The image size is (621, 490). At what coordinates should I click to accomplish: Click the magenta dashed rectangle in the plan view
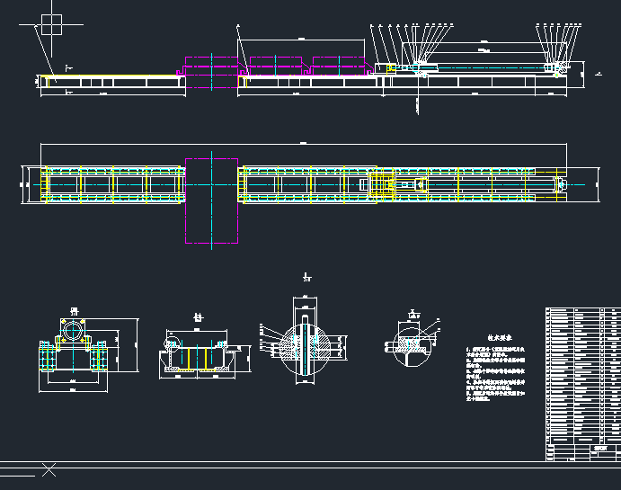(x=211, y=200)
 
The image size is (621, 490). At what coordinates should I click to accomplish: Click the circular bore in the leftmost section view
(x=73, y=329)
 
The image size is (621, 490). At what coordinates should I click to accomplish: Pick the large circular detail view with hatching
(x=306, y=346)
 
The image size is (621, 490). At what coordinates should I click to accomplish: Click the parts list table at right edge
(x=581, y=372)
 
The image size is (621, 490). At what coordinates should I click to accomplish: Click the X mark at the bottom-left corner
(x=49, y=469)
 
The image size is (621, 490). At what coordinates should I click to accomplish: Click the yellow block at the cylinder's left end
(x=388, y=68)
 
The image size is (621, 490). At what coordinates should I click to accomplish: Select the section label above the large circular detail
(x=306, y=278)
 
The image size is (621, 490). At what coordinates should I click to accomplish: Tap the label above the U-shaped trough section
(x=199, y=317)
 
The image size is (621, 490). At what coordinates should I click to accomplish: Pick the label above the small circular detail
(x=413, y=314)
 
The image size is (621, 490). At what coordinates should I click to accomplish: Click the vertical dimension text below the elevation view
(x=419, y=104)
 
